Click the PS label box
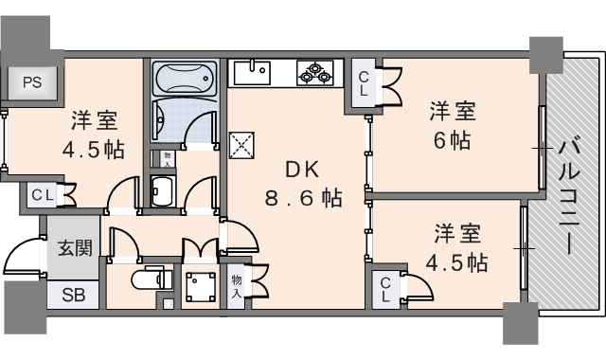31,81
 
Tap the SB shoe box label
72,295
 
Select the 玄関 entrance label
75,249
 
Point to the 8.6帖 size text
303,199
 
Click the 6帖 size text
451,140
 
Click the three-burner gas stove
313,72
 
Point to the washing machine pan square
200,286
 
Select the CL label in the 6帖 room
365,84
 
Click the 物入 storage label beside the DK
236,285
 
